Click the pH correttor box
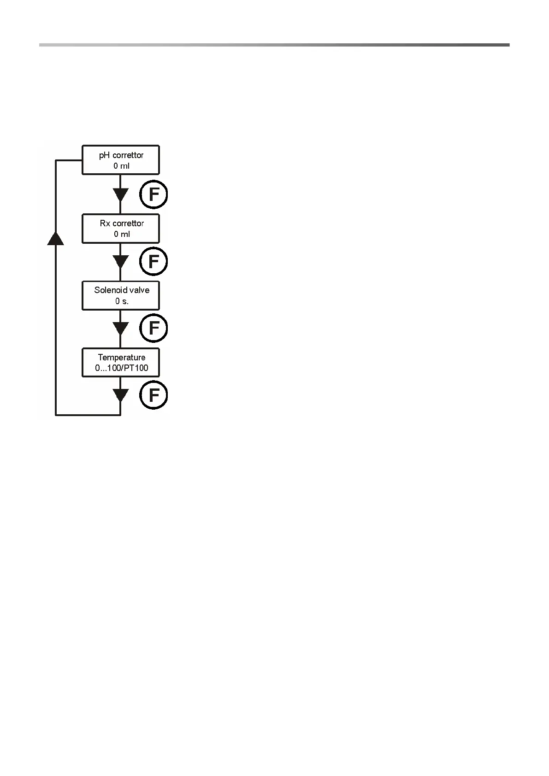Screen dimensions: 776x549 click(x=121, y=160)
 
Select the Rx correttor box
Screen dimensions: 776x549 click(x=121, y=229)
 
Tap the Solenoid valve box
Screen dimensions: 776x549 click(x=121, y=295)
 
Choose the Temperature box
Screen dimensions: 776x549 click(x=121, y=363)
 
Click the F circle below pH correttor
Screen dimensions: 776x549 click(x=153, y=195)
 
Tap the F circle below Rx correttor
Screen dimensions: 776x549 click(x=153, y=262)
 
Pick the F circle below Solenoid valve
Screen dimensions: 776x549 click(x=153, y=329)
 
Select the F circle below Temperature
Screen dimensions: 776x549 click(x=153, y=395)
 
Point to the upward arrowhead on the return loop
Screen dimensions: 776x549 click(x=56, y=238)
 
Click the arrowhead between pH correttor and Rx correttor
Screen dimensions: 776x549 click(x=120, y=194)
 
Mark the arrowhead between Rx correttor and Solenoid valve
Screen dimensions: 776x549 click(x=120, y=262)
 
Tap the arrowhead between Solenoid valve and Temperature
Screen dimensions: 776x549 click(x=120, y=329)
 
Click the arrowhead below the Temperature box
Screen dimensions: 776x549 click(x=120, y=395)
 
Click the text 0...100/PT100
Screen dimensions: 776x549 click(x=122, y=368)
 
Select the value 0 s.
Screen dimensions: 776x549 click(x=122, y=301)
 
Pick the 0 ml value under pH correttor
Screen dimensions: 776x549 click(x=122, y=166)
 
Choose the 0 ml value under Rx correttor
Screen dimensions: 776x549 click(x=122, y=234)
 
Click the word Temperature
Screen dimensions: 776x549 click(x=122, y=358)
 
